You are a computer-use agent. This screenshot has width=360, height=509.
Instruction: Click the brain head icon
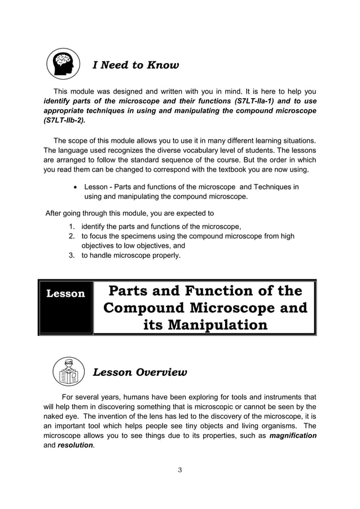[62, 64]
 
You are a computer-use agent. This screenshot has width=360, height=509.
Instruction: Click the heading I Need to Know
[135, 65]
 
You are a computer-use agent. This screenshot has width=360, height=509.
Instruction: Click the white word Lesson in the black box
[65, 293]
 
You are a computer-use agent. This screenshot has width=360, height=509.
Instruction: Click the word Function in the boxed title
[216, 291]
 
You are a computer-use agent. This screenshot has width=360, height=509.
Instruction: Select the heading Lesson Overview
[139, 372]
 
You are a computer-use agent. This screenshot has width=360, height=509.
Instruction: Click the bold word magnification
[293, 436]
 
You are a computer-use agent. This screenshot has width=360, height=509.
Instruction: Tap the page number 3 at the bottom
[179, 471]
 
